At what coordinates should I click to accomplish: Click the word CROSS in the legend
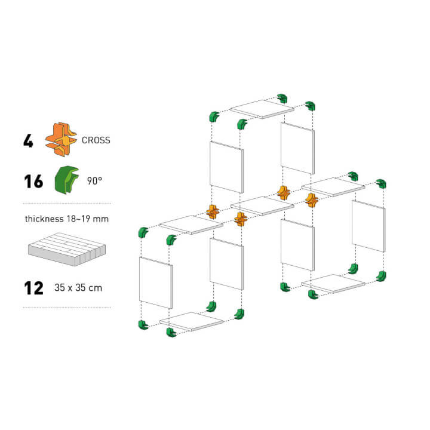[x=96, y=140]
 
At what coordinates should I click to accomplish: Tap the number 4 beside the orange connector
[x=28, y=141]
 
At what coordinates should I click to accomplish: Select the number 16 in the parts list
[x=33, y=182]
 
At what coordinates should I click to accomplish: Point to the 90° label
[x=94, y=181]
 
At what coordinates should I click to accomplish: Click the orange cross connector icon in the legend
[x=61, y=139]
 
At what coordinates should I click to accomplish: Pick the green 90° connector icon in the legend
[x=67, y=180]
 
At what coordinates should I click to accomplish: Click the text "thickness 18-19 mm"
[x=67, y=219]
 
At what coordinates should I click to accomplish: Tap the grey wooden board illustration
[x=67, y=249]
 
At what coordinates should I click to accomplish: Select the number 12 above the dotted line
[x=33, y=288]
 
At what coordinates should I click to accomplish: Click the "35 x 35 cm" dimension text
[x=78, y=288]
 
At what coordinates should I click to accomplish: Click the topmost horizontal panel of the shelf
[x=262, y=109]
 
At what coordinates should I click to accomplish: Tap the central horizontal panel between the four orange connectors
[x=262, y=205]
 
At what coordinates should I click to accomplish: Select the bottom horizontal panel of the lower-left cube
[x=192, y=321]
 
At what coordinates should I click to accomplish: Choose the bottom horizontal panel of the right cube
[x=333, y=284]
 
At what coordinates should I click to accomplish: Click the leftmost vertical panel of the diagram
[x=156, y=282]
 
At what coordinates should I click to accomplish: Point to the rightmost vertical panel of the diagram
[x=368, y=226]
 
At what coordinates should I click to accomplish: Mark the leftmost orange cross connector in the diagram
[x=213, y=211]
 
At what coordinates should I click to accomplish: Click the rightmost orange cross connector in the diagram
[x=312, y=200]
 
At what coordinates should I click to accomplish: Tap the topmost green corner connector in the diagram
[x=282, y=98]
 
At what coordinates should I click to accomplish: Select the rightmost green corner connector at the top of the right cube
[x=381, y=183]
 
